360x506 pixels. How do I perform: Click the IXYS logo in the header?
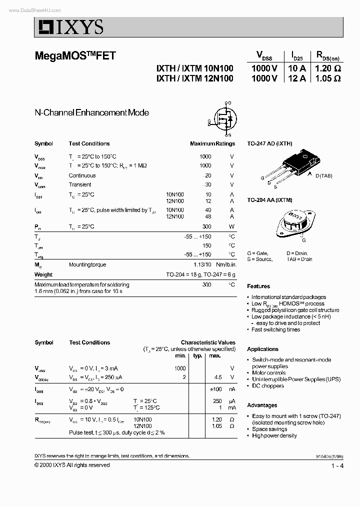pos(69,27)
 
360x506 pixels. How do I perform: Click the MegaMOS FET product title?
pos(75,56)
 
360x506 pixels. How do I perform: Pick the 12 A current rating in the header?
pos(296,78)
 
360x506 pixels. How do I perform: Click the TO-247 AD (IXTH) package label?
pos(269,143)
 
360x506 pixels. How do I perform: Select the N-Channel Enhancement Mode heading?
pos(91,113)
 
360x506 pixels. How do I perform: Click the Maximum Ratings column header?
pos(212,143)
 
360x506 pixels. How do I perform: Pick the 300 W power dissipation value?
pos(206,226)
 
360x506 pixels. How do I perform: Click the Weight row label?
pos(43,274)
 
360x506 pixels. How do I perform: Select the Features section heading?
pos(258,286)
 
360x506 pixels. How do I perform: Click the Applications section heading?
pos(262,349)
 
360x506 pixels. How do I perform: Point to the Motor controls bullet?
pos(269,373)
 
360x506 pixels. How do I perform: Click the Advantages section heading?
pos(262,405)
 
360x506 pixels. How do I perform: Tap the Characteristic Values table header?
pos(208,342)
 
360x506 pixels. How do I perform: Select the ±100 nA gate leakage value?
pos(215,389)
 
